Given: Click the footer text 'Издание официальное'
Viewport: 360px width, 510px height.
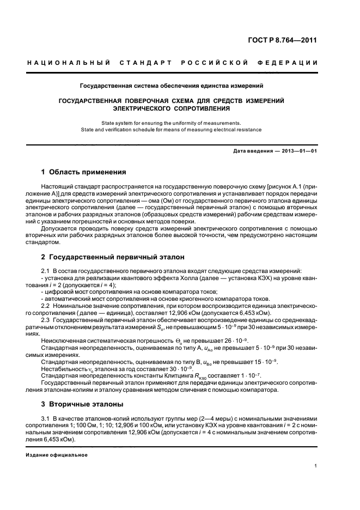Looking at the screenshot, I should [57, 454].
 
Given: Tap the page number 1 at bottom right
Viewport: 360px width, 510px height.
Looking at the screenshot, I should [316, 466].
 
